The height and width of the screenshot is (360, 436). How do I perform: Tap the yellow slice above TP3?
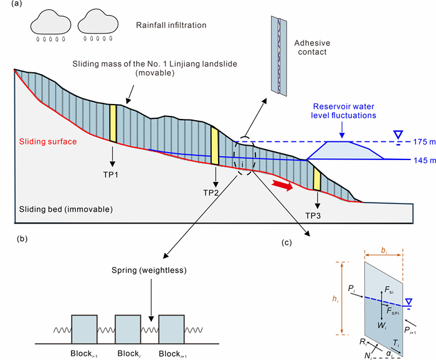(x=317, y=180)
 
